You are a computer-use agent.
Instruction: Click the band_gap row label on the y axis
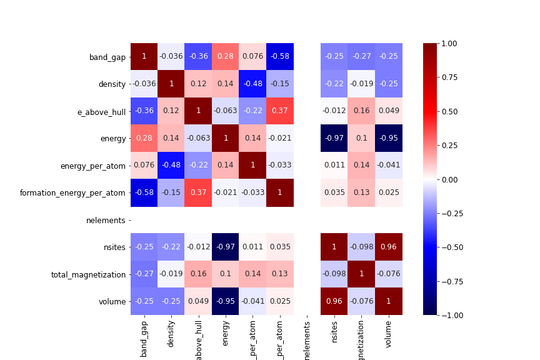click(107, 57)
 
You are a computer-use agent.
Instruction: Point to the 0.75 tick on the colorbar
click(449, 77)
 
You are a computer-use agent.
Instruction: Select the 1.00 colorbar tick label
click(449, 43)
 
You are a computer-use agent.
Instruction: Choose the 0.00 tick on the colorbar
click(449, 179)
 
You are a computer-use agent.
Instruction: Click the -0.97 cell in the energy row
click(334, 138)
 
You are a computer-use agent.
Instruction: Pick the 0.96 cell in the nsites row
click(389, 247)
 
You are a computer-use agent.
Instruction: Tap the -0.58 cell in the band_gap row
click(280, 57)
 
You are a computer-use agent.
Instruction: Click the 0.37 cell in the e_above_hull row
click(280, 111)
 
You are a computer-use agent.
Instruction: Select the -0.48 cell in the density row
click(252, 84)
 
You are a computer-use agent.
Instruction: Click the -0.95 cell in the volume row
click(226, 301)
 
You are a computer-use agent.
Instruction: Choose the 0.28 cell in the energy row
click(144, 138)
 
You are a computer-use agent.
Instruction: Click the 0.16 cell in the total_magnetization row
click(198, 274)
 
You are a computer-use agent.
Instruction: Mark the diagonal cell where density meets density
click(171, 84)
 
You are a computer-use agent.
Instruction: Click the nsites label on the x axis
click(334, 338)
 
